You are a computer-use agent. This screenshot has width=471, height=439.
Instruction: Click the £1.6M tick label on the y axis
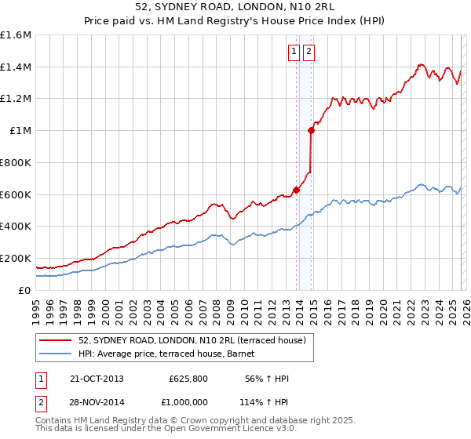[16, 35]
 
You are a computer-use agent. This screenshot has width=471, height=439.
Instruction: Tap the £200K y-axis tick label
[16, 258]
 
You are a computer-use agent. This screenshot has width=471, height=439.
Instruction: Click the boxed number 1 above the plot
[294, 53]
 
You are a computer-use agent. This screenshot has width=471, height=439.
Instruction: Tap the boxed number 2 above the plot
[309, 53]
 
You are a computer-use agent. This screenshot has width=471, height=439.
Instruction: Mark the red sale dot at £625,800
[296, 189]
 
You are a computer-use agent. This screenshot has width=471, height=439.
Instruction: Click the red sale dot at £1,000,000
[312, 131]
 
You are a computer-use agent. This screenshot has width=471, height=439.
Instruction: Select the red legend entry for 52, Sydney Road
[196, 339]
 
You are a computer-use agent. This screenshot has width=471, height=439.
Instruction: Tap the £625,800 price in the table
[188, 379]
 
